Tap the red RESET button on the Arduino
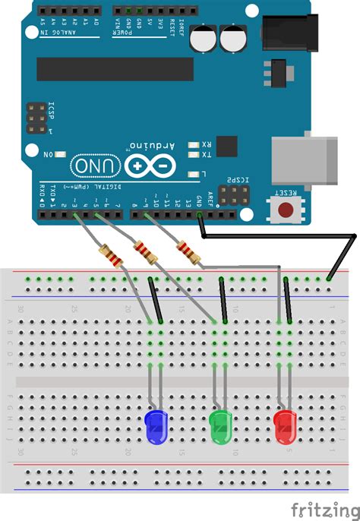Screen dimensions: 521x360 [x=286, y=210]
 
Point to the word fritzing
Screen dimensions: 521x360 [x=323, y=507]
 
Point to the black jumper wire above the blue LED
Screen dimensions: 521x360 [x=156, y=299]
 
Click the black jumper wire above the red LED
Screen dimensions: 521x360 [x=288, y=299]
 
